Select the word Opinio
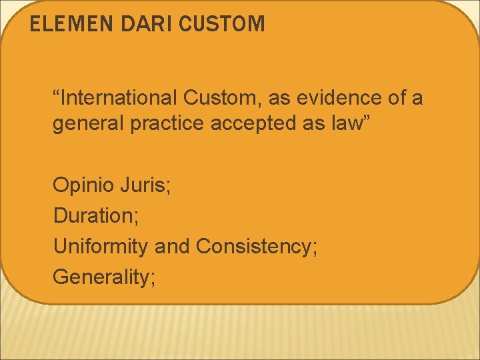point(82,186)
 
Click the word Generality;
point(104,277)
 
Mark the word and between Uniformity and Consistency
point(172,247)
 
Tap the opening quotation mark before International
point(57,94)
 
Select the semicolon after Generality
point(153,279)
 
